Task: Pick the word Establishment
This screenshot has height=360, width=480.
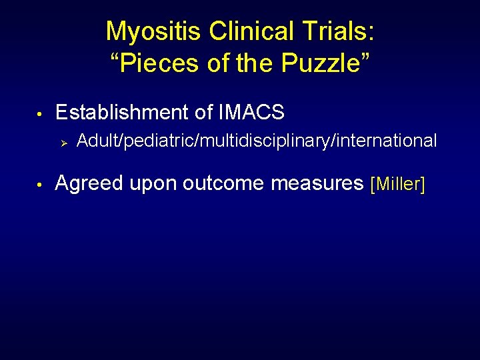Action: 123,112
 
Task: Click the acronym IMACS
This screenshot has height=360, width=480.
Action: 251,112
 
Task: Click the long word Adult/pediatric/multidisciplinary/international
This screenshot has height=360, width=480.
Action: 257,141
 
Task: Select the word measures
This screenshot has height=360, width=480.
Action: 317,183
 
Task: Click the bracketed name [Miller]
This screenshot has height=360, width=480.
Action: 397,184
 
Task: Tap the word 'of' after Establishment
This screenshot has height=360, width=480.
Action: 205,112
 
